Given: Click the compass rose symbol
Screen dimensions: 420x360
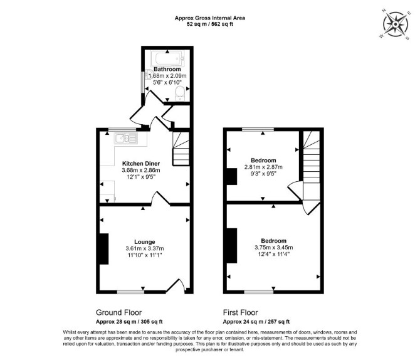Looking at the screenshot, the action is click(396, 24).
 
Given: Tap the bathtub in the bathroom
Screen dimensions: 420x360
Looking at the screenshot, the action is click(167, 58).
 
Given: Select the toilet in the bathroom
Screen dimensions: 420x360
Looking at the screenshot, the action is click(179, 93).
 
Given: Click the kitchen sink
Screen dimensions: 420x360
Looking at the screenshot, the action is click(126, 139).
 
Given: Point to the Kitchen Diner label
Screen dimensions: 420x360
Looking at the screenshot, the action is click(141, 164).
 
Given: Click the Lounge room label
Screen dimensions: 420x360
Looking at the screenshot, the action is click(145, 242).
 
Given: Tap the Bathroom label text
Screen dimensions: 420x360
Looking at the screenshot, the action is click(167, 69).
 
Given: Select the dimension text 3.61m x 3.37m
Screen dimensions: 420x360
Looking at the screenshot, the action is click(145, 248).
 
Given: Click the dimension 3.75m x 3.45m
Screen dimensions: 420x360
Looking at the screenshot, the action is click(274, 247).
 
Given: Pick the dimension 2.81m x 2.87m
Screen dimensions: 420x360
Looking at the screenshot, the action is click(263, 167).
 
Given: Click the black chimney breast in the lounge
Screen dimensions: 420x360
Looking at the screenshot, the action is click(103, 249).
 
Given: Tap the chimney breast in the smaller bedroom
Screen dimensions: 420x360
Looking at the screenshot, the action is click(232, 176).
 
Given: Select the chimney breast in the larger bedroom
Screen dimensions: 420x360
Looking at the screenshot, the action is click(232, 245).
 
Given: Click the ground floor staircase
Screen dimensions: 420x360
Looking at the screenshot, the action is click(181, 149).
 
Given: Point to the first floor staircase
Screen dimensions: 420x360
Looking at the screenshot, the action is click(312, 166).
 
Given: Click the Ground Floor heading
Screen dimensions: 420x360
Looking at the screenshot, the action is click(118, 312).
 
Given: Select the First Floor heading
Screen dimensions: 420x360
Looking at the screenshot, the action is click(240, 312).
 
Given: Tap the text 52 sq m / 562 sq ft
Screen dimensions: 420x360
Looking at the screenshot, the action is click(210, 24).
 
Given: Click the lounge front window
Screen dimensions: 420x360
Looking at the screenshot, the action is click(131, 292).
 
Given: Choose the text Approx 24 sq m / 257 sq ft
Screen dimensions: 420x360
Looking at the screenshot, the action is click(256, 322).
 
